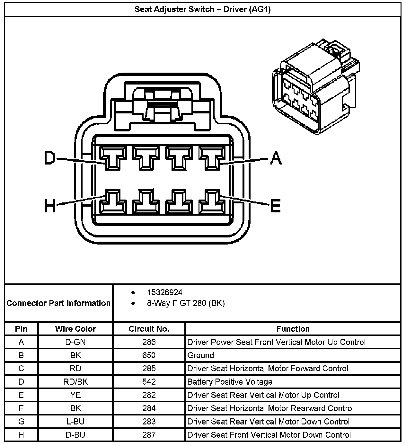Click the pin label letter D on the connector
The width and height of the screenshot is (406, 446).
(50, 158)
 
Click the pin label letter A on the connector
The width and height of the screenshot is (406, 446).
(275, 158)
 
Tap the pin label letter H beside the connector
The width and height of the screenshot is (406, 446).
(50, 205)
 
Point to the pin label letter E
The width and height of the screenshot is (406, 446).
(275, 205)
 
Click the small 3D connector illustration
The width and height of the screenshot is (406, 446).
(314, 88)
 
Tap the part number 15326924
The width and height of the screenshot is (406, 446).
(164, 292)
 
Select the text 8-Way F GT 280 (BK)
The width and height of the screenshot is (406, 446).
(186, 303)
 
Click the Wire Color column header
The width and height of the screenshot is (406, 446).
(75, 329)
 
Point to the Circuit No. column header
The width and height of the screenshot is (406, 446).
(149, 329)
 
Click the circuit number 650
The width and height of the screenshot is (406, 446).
(149, 355)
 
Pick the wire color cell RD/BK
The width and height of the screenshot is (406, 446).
(75, 382)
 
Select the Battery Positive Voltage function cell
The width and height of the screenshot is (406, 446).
(230, 382)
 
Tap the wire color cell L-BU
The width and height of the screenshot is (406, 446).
(75, 422)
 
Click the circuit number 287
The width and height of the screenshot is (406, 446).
(149, 435)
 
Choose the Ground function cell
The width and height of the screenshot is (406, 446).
(200, 355)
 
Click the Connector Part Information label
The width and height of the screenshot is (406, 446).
(58, 303)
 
